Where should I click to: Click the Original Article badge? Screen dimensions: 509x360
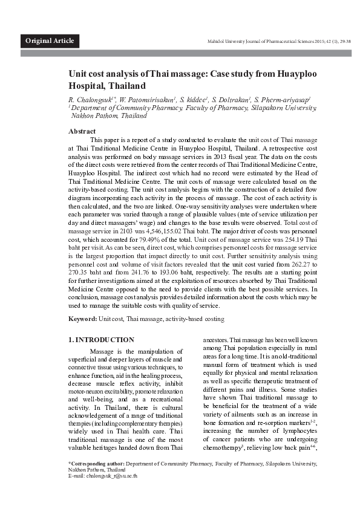coord(50,41)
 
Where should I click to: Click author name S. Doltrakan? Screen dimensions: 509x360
coord(231,98)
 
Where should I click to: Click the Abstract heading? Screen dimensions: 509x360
coord(82,131)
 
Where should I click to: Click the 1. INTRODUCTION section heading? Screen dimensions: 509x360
coord(101,340)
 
